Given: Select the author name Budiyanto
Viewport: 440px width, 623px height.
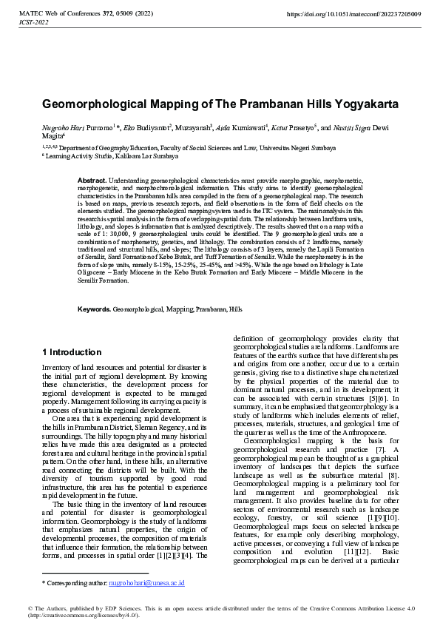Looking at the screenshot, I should click(154, 128).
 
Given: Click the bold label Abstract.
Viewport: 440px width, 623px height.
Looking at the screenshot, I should click(92, 181).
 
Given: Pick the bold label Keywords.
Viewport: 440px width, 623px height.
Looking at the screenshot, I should click(95, 308).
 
